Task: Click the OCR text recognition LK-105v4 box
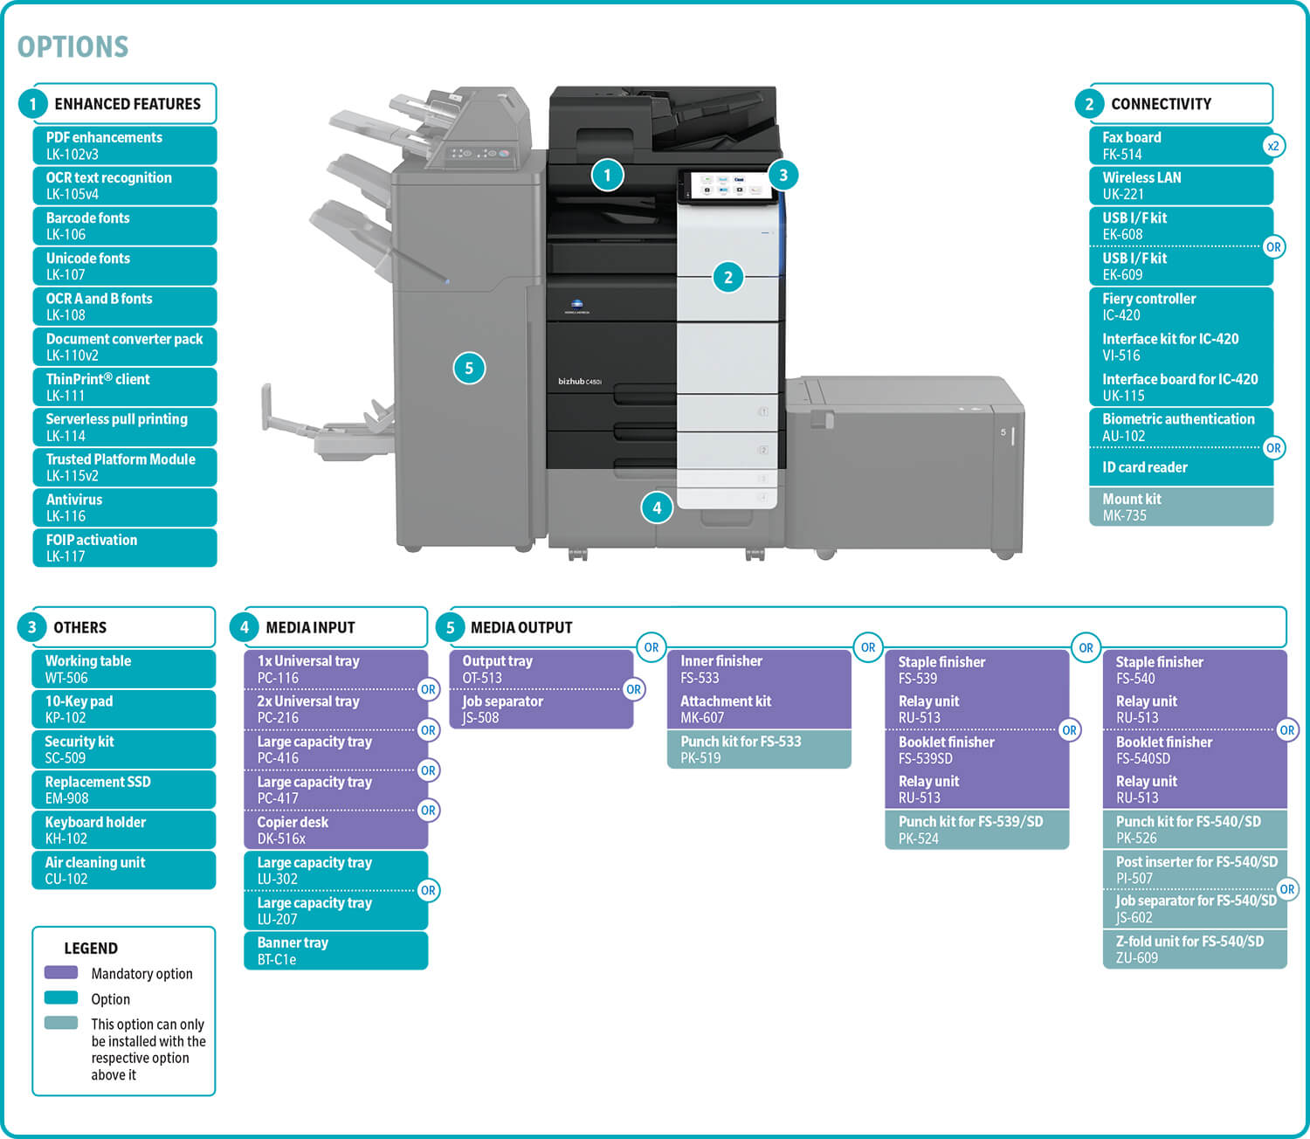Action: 124,185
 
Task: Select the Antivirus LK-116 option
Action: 124,507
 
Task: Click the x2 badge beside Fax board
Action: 1273,146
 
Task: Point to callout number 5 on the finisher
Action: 469,368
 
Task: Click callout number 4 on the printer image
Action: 657,507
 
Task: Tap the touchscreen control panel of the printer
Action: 727,186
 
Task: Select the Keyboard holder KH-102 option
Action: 123,830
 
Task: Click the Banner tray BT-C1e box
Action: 335,950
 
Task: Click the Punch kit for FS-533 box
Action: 759,749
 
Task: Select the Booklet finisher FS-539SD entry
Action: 976,749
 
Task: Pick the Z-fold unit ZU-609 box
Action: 1194,949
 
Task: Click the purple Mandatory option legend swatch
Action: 61,972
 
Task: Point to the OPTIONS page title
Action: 73,47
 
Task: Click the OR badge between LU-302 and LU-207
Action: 428,890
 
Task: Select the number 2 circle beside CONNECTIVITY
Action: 1089,104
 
